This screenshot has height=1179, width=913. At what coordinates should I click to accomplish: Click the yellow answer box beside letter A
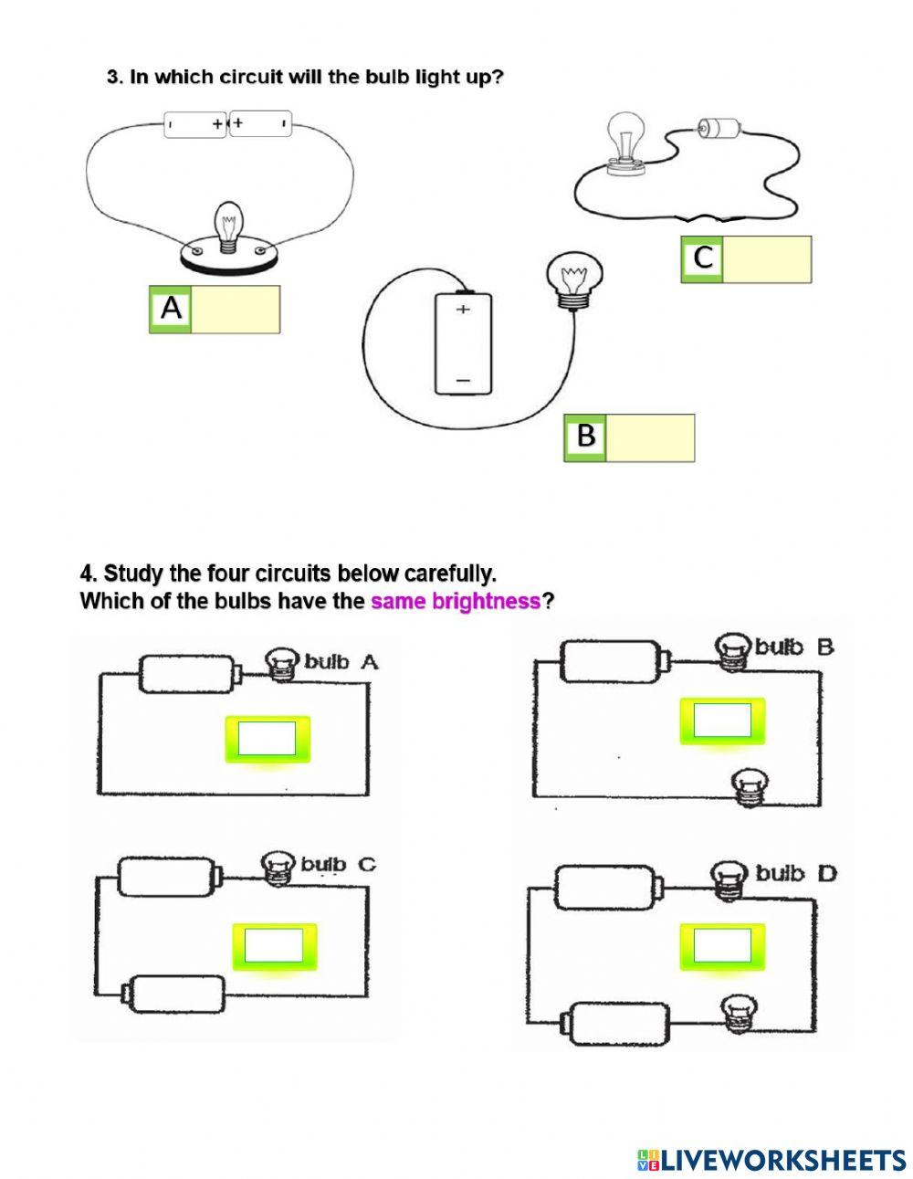[x=236, y=310]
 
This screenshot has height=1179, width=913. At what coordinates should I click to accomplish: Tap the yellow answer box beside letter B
[x=649, y=437]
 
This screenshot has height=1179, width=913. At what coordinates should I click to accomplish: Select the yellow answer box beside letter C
[x=767, y=259]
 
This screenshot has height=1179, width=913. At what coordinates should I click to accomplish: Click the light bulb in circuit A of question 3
[x=227, y=223]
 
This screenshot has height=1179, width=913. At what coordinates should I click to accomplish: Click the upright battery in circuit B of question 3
[x=463, y=343]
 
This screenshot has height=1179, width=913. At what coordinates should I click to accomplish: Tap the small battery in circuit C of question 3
[x=716, y=129]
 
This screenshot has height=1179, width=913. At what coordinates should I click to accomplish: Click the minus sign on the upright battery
[x=463, y=378]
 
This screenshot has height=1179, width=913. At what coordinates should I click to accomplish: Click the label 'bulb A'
[x=341, y=662]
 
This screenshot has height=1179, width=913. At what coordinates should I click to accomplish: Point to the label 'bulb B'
[x=793, y=647]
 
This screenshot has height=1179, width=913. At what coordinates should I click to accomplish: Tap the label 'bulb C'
[x=338, y=864]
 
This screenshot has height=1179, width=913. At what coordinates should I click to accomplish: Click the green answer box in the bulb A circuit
[x=267, y=739]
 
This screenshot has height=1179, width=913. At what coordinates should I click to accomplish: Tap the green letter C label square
[x=702, y=259]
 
